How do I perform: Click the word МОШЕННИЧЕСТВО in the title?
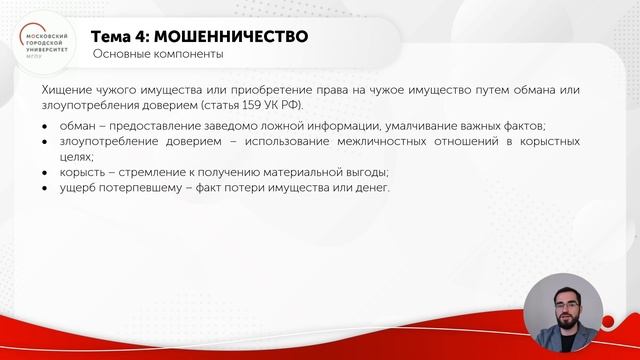coord(232,36)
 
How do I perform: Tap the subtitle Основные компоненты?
coord(157,54)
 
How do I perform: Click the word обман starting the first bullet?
coord(85,126)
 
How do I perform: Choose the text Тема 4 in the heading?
coord(134,36)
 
